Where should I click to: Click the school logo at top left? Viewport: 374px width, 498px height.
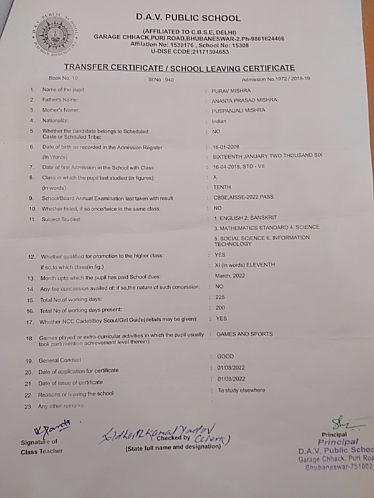coord(53,36)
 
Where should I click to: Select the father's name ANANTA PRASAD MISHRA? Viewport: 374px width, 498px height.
coord(244,100)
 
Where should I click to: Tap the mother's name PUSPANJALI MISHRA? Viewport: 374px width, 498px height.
coord(238,110)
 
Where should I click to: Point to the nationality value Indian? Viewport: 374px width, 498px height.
coord(219,121)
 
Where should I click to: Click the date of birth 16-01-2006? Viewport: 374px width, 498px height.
coord(226,148)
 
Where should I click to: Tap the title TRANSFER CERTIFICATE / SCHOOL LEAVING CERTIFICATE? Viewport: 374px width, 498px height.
coord(180,67)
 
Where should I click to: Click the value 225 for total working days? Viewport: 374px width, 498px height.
coord(219,297)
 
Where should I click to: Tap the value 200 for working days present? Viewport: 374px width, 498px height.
coord(219,308)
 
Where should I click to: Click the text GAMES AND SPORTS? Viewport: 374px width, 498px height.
coord(244,334)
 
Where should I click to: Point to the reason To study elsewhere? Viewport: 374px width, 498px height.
coord(241,390)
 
